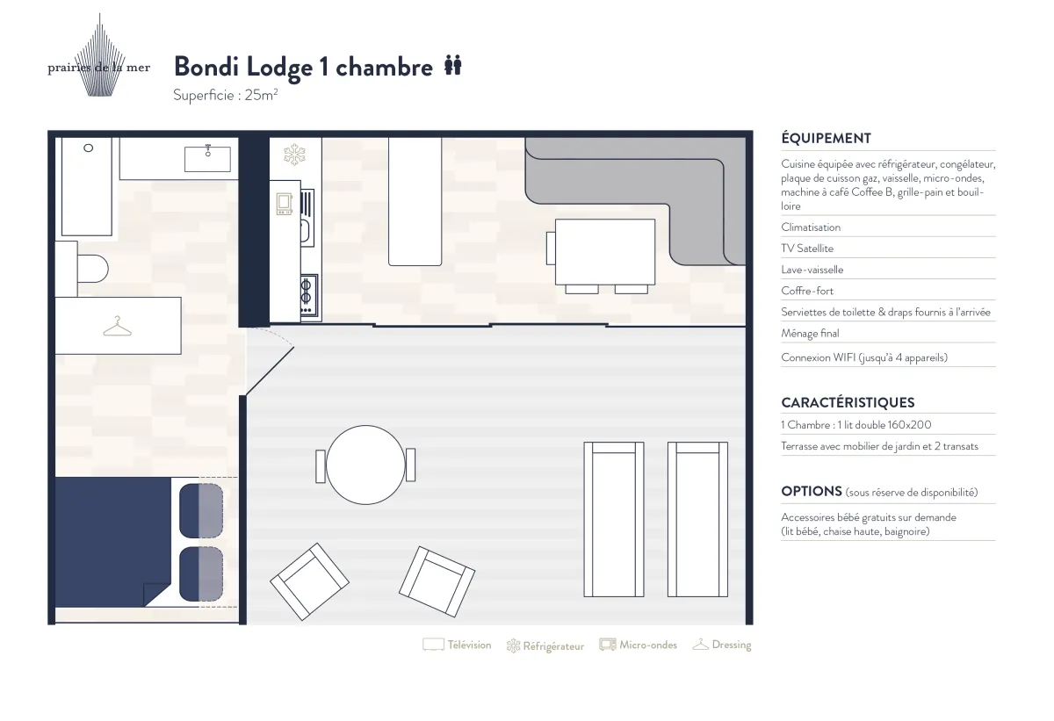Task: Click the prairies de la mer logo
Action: click(x=98, y=57)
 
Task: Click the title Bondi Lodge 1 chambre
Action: click(x=303, y=67)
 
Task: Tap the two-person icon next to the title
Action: click(x=453, y=65)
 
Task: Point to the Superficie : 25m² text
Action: click(x=226, y=96)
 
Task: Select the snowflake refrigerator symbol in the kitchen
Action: click(x=294, y=155)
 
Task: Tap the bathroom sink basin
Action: click(x=207, y=159)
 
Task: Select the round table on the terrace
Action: click(x=365, y=465)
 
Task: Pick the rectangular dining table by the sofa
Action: click(x=605, y=252)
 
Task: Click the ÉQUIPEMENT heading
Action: click(x=826, y=138)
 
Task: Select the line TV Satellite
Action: click(x=807, y=249)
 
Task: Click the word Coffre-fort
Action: click(x=807, y=291)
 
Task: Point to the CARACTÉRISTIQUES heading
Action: click(x=848, y=402)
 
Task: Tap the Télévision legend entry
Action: click(x=457, y=645)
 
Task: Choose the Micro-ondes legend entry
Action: click(x=639, y=645)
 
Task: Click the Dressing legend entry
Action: click(x=722, y=645)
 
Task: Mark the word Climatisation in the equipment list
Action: click(x=811, y=227)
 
